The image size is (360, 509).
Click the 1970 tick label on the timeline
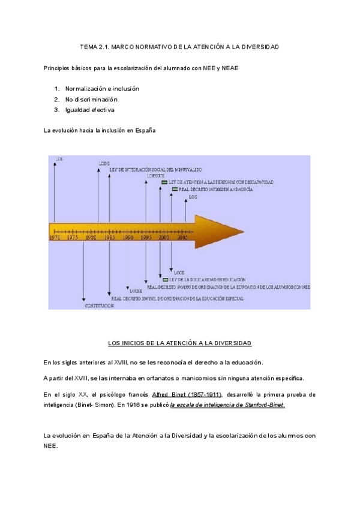point(55,238)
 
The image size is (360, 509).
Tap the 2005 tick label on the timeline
point(182,238)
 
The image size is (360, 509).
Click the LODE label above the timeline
point(103,163)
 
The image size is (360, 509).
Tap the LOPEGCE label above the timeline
point(155,176)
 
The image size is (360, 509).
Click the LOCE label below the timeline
point(179,272)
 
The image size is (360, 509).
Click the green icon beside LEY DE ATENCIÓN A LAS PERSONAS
point(165,181)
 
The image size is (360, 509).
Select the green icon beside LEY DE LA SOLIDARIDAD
point(165,280)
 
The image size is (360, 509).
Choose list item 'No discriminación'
point(91,99)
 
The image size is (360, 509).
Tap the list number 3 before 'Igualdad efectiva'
point(56,110)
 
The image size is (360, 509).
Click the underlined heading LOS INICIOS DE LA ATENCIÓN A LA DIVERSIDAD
point(179,343)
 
